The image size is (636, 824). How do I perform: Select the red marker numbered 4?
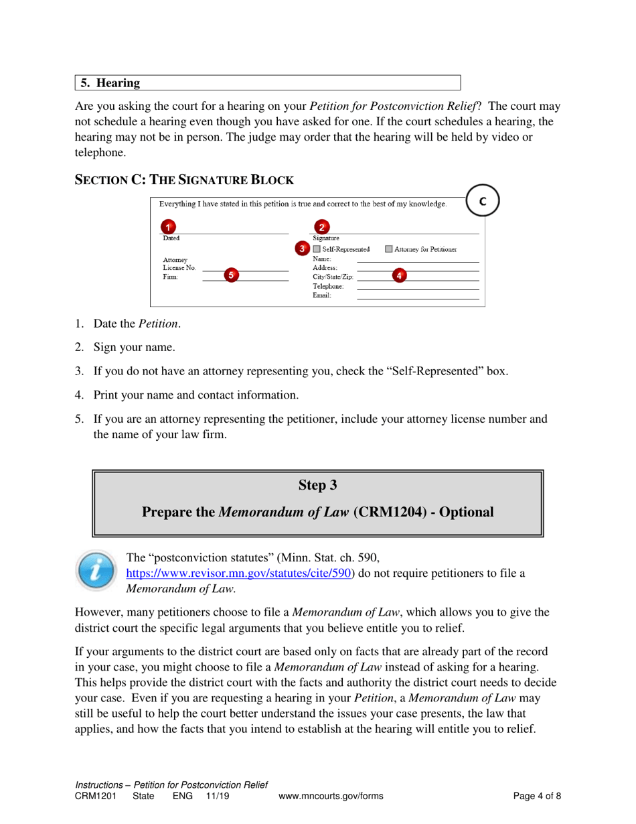coord(399,275)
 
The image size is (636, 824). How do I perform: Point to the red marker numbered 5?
coord(231,275)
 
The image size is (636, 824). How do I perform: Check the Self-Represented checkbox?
coord(317,249)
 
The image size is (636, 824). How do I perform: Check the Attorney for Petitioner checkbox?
coord(389,249)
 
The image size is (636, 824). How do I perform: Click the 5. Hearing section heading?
coord(110,83)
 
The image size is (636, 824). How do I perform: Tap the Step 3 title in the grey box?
coord(317,484)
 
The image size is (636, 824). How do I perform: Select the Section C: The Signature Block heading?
coord(184,180)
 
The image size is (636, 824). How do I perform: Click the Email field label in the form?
coord(321,295)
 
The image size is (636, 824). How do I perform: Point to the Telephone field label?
coord(327,286)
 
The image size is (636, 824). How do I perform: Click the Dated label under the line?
coord(171,238)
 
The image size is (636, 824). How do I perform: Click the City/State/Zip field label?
coord(333,277)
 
